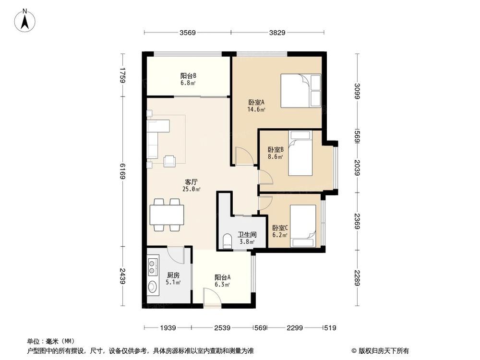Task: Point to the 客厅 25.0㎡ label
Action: pos(192,185)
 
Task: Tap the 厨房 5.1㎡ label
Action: pos(173,279)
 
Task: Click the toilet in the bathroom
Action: pos(227,241)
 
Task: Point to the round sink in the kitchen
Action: pos(152,287)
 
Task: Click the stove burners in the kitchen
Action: pos(153,267)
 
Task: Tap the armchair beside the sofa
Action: pos(170,161)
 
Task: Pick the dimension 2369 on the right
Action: pos(358,221)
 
